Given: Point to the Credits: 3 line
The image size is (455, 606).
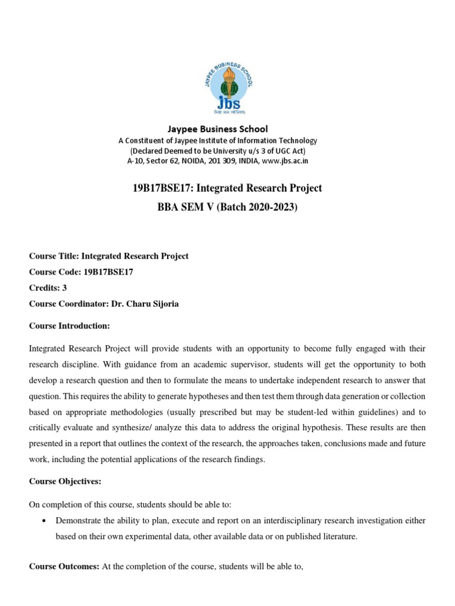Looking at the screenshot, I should click(x=48, y=288).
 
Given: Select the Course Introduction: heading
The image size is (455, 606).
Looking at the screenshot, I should click(x=69, y=325).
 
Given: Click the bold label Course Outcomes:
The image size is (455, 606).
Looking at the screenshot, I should click(x=65, y=566).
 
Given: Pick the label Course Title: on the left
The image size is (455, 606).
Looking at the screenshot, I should click(x=53, y=256).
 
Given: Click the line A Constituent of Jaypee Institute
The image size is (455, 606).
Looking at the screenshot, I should click(x=218, y=140).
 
